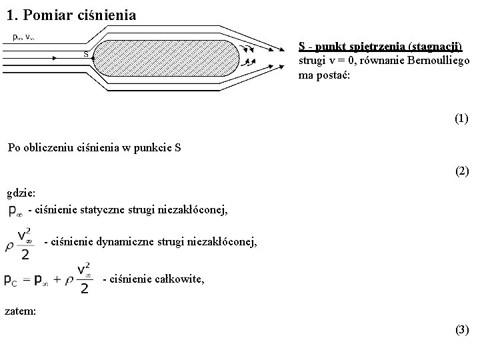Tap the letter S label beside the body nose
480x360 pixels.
pyautogui.click(x=86, y=54)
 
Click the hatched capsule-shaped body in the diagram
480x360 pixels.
pyautogui.click(x=167, y=59)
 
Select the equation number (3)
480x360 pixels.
pyautogui.click(x=461, y=329)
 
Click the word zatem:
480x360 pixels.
pyautogui.click(x=21, y=311)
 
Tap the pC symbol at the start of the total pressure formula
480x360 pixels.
pyautogui.click(x=11, y=281)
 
